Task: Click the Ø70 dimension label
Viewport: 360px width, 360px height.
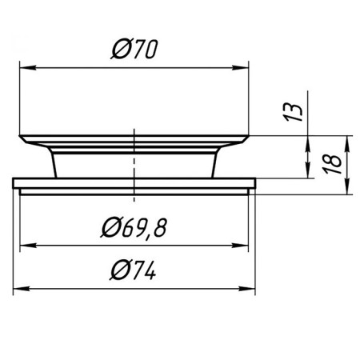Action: [x=134, y=49]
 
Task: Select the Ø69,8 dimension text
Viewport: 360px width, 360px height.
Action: [x=134, y=227]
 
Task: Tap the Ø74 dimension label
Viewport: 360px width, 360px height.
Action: [x=133, y=270]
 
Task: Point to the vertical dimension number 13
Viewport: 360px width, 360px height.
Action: [x=293, y=112]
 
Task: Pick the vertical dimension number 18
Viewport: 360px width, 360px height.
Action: [x=332, y=164]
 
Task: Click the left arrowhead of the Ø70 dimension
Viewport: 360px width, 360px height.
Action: [x=28, y=68]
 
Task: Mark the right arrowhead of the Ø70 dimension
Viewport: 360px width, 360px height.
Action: [x=240, y=68]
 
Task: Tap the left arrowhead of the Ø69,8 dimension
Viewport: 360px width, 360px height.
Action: [x=28, y=246]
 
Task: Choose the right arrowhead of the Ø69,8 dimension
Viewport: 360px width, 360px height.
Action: [x=240, y=246]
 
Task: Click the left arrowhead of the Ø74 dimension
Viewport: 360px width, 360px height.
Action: [x=22, y=289]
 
